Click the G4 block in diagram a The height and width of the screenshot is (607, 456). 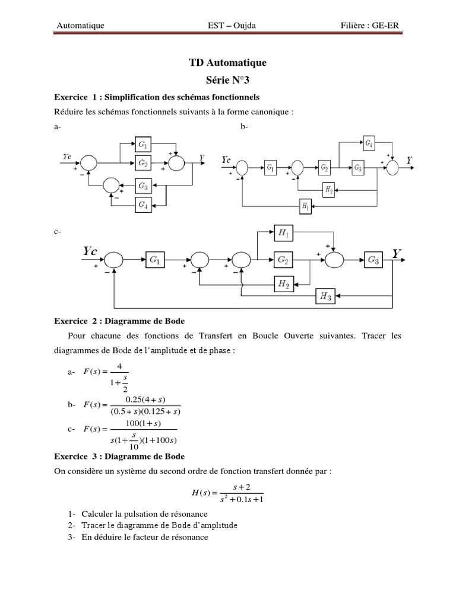tap(143, 205)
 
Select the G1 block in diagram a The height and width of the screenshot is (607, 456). tap(143, 145)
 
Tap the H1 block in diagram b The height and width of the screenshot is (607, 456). tap(305, 206)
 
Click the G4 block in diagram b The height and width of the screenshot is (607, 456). tap(369, 143)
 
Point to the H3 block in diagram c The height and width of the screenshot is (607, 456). tap(325, 295)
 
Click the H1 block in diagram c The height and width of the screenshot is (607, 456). tap(283, 234)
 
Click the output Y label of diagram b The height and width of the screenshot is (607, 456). tap(410, 160)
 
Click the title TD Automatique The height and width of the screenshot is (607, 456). tap(227, 62)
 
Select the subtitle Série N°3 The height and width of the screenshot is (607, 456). tap(227, 78)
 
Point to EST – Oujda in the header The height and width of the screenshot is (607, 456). tap(228, 25)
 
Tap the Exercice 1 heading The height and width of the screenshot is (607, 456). tap(157, 96)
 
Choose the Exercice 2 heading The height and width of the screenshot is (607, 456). tap(119, 321)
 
